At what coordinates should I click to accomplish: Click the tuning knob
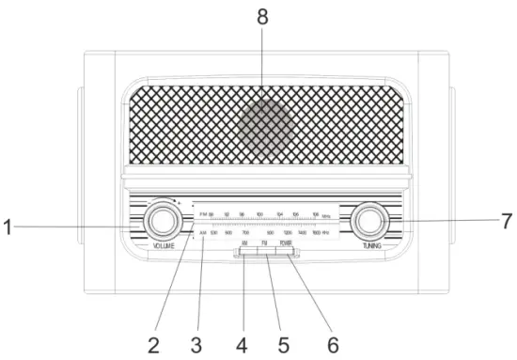369,221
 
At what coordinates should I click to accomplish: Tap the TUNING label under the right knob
369,245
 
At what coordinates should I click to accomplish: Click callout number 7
507,222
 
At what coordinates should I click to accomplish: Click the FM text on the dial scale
203,215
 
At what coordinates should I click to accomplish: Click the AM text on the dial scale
203,232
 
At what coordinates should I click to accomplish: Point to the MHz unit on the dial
326,215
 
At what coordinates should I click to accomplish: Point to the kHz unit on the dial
326,232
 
